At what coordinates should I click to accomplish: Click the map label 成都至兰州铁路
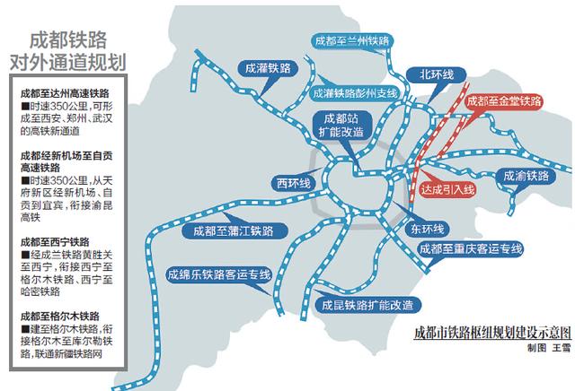352,41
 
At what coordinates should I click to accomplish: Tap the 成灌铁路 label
267,67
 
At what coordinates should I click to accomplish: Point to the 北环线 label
436,74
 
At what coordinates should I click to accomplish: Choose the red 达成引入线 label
452,190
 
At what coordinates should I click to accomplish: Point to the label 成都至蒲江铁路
219,230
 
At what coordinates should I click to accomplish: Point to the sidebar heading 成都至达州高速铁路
64,92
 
